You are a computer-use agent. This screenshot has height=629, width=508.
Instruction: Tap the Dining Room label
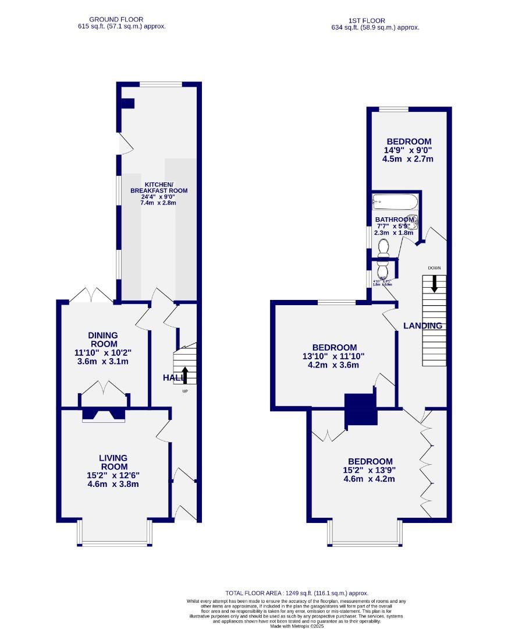pyautogui.click(x=103, y=348)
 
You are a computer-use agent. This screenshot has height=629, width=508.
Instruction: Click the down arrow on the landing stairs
pyautogui.click(x=434, y=284)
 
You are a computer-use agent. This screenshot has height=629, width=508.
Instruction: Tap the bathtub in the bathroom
pyautogui.click(x=395, y=203)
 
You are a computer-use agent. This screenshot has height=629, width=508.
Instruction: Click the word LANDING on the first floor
pyautogui.click(x=423, y=326)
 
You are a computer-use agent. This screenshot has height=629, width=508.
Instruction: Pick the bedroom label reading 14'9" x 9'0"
pyautogui.click(x=409, y=150)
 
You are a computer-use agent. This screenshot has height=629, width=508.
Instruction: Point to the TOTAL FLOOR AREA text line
pyautogui.click(x=297, y=592)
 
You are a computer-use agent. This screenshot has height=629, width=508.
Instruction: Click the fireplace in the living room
pyautogui.click(x=103, y=415)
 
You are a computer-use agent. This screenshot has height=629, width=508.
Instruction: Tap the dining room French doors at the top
pyautogui.click(x=91, y=295)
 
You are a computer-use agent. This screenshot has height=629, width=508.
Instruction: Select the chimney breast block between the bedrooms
pyautogui.click(x=361, y=409)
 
